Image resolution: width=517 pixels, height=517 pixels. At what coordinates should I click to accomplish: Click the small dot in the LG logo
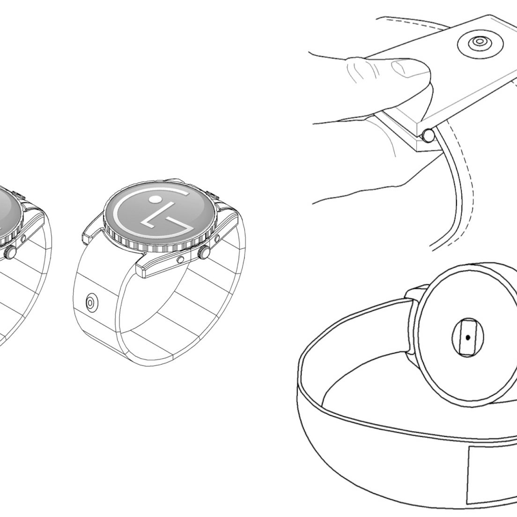pyautogui.click(x=155, y=199)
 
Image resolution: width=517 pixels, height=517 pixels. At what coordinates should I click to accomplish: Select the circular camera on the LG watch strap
pyautogui.click(x=91, y=302)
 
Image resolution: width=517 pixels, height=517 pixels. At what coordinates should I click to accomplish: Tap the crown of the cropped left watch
pyautogui.click(x=9, y=253)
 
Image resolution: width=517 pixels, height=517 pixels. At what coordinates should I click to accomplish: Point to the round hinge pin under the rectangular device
pyautogui.click(x=429, y=136)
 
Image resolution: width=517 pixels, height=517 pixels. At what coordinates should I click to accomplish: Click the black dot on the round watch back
pyautogui.click(x=468, y=337)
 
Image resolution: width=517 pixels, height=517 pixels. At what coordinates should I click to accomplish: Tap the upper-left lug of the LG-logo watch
pyautogui.click(x=92, y=232)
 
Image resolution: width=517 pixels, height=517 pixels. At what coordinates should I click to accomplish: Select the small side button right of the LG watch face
pyautogui.click(x=217, y=238)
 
